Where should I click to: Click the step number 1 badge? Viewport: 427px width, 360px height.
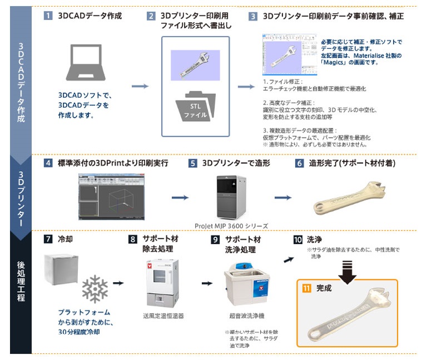pyautogui.click(x=48, y=16)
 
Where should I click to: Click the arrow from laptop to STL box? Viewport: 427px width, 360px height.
pyautogui.click(x=140, y=86)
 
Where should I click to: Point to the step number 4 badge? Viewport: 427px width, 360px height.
pyautogui.click(x=48, y=163)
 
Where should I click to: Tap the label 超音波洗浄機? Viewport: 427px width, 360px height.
pyautogui.click(x=243, y=316)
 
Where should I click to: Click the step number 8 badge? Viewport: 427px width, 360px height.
pyautogui.click(x=132, y=239)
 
